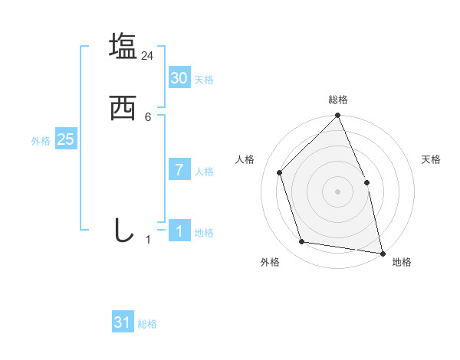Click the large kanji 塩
click(x=123, y=46)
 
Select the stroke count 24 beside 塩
click(x=148, y=56)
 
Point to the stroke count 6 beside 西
click(x=148, y=117)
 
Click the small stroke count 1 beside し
click(x=148, y=240)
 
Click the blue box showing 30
click(x=179, y=78)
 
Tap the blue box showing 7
click(x=179, y=170)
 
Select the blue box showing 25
click(x=66, y=139)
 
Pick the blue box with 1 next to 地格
click(x=179, y=231)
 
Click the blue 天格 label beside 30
click(x=204, y=80)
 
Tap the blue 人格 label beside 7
click(x=204, y=172)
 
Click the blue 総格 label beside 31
click(x=147, y=324)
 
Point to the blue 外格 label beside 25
click(x=41, y=141)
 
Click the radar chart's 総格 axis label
click(x=338, y=100)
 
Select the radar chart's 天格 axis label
click(x=432, y=159)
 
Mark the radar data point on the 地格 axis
click(x=383, y=253)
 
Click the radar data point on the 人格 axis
click(x=280, y=172)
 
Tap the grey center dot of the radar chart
click(x=337, y=191)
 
